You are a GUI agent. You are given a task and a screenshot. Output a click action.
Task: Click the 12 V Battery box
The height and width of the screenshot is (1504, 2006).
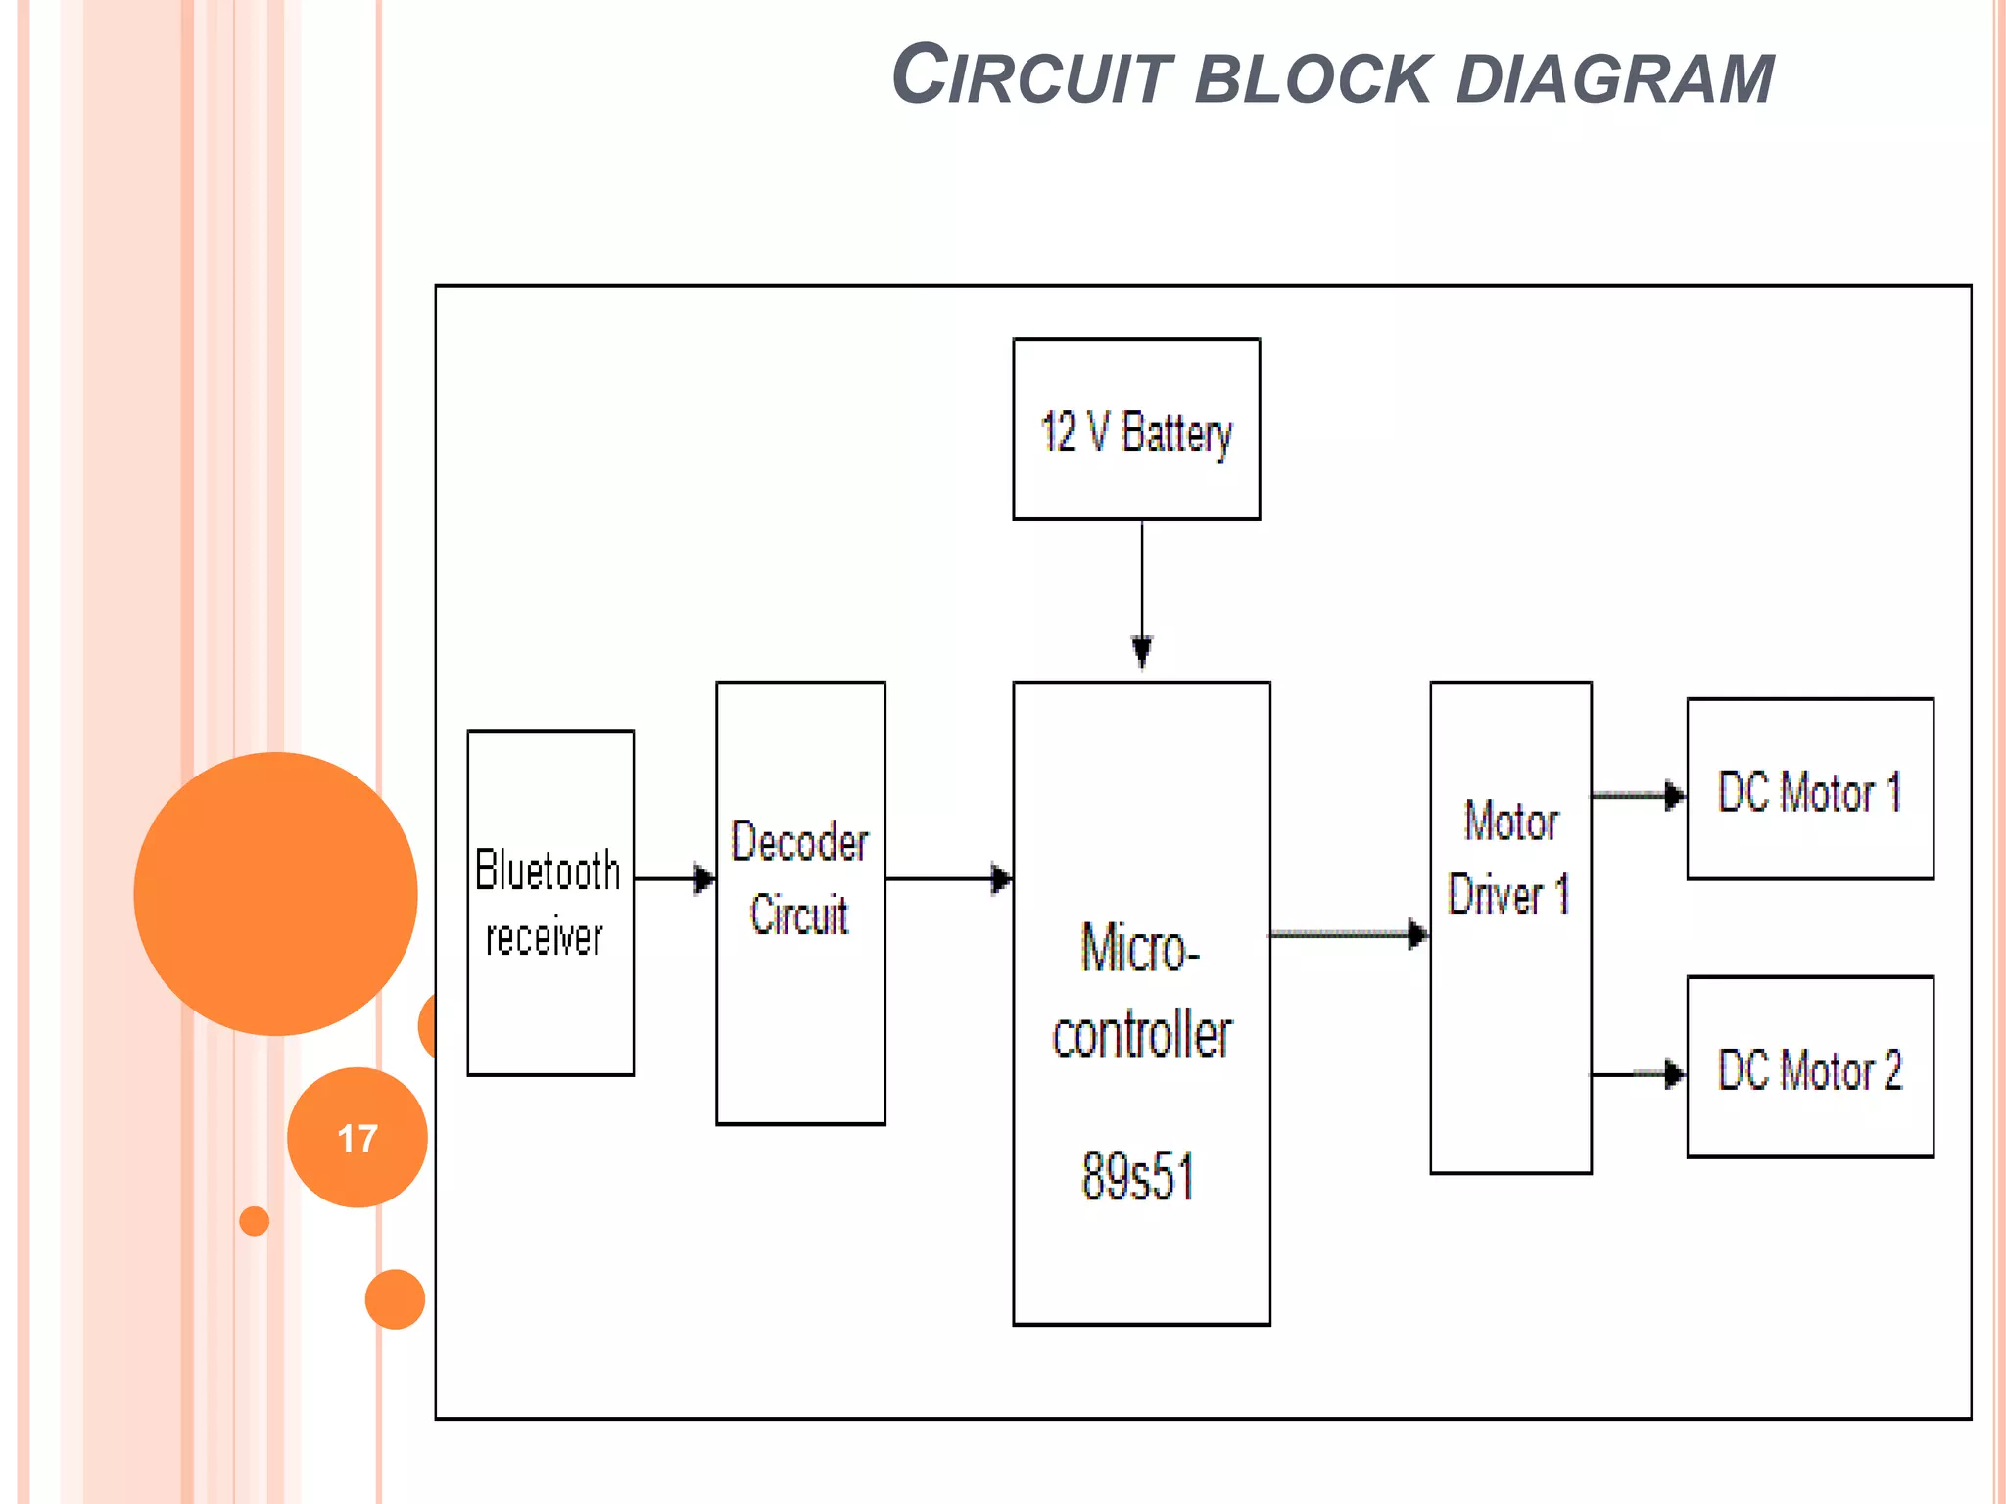[x=1136, y=429]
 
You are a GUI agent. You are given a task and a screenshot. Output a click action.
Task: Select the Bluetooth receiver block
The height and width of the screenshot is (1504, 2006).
[x=550, y=903]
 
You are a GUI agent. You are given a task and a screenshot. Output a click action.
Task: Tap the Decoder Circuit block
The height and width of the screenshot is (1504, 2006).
[x=800, y=903]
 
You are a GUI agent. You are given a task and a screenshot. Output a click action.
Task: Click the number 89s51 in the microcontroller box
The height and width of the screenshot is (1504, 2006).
[x=1138, y=1176]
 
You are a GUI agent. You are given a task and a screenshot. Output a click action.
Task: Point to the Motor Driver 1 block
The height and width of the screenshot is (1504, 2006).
[x=1510, y=926]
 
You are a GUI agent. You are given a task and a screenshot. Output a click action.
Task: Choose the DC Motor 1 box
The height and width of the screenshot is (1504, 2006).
[x=1809, y=789]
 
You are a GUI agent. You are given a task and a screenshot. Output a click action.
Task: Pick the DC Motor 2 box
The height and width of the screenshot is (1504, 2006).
[x=1809, y=1067]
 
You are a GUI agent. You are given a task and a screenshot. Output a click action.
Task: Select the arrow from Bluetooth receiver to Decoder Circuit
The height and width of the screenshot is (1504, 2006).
[x=674, y=878]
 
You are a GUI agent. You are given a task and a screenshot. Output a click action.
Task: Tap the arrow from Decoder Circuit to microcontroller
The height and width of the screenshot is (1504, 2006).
[x=948, y=878]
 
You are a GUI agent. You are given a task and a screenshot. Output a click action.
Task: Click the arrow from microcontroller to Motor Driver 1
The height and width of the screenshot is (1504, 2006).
[x=1349, y=934]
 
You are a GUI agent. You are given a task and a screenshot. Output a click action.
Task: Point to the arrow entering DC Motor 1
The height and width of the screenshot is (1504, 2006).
[x=1638, y=795]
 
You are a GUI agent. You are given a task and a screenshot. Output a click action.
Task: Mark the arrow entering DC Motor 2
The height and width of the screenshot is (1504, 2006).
[x=1638, y=1074]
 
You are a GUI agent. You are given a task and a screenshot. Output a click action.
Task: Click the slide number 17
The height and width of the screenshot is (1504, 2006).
[x=358, y=1139]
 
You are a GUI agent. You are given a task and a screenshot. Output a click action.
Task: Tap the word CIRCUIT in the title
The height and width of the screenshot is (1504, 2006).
[x=1032, y=76]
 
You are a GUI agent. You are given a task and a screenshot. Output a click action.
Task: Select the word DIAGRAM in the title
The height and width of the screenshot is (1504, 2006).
[x=1615, y=78]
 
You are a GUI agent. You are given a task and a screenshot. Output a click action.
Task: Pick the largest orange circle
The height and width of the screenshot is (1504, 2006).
[x=276, y=893]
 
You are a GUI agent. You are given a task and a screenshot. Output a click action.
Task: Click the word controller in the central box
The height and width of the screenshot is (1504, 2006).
[x=1142, y=1036]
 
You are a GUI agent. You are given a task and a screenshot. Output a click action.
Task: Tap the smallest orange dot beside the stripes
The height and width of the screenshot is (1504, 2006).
[x=255, y=1221]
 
